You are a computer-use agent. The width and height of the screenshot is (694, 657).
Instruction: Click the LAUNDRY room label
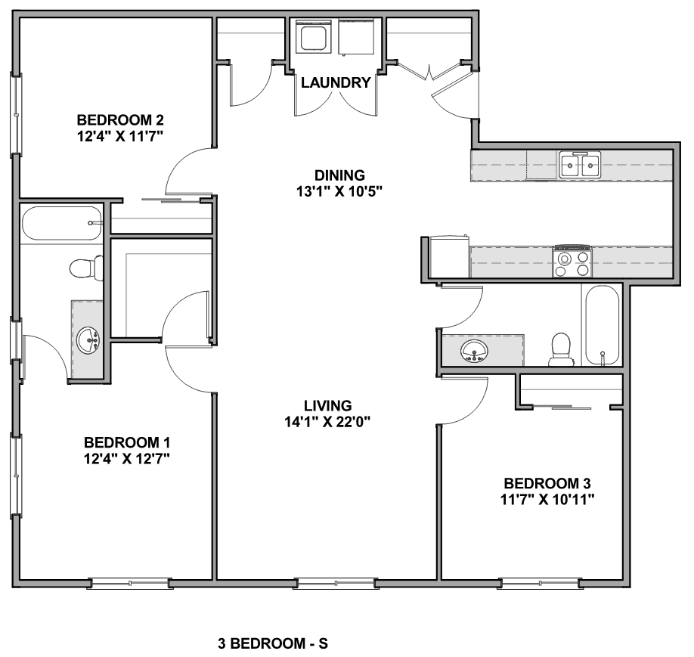coord(336,83)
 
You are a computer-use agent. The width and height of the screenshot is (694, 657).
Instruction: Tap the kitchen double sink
coord(580,165)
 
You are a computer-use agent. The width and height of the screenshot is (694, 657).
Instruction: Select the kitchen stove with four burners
coord(572,261)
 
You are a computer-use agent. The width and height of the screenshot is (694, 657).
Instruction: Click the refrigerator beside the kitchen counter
coord(449,256)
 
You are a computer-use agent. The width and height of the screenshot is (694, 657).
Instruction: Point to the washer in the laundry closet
coord(314,37)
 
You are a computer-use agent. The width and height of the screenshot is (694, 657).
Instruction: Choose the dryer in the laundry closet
coord(356,37)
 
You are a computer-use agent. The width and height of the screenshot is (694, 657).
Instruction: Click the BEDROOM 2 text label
coord(120,120)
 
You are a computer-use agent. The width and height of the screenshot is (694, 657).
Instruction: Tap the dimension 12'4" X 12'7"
coord(127,459)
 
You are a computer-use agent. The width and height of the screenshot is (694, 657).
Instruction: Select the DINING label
coord(340,175)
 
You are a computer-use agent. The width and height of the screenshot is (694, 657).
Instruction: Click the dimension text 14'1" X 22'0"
coord(327,423)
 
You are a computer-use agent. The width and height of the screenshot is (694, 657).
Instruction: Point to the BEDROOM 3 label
coord(547,483)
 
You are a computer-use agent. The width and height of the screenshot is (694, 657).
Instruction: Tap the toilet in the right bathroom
coord(560,349)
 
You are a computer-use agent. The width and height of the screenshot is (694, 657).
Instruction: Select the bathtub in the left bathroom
coord(62,223)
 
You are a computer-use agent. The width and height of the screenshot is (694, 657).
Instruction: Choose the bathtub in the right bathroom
coord(602,325)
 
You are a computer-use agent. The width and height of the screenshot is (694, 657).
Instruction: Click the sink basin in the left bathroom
coord(88,340)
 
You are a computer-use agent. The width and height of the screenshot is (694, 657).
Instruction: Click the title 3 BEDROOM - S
coord(273,643)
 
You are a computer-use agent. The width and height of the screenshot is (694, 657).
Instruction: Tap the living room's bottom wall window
coord(336,584)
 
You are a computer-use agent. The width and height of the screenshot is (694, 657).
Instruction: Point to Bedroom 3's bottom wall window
coord(540,584)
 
